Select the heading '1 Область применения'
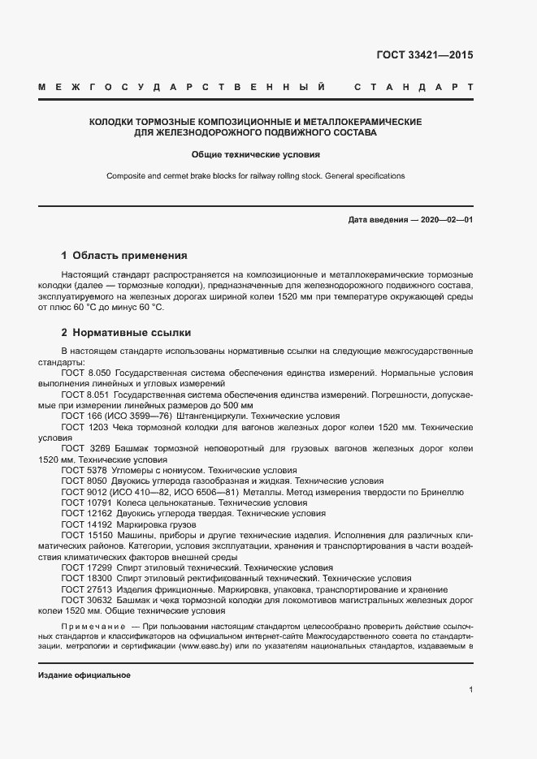pos(124,255)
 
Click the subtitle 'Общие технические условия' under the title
pos(256,153)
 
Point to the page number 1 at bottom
pos(470,689)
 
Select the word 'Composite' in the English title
pos(125,175)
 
